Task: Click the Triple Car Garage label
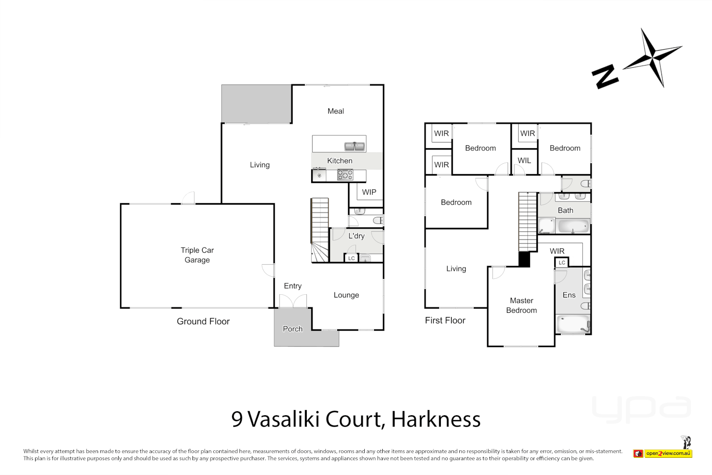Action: coord(197,255)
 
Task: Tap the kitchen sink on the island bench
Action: coord(354,146)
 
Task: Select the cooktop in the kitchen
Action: coord(345,175)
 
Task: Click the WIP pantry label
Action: coord(369,192)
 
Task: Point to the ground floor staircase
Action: coord(320,229)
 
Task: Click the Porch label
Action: coord(293,329)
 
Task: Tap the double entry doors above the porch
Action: coord(293,302)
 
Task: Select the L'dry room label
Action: coord(356,236)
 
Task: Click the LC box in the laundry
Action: coord(352,259)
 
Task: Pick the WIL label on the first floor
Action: coord(524,161)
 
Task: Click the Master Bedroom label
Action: coord(521,305)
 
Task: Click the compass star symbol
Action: coord(653,57)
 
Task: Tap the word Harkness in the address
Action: coord(436,419)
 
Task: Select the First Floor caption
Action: coord(445,321)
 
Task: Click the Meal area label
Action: coord(336,111)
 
